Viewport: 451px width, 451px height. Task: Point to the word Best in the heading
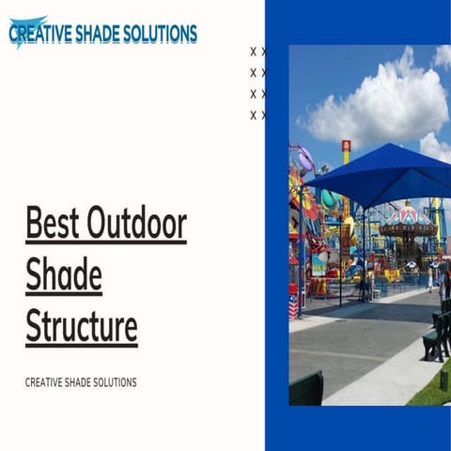tap(52, 225)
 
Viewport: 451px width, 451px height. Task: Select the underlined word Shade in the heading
tap(64, 276)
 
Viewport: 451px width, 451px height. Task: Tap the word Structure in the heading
tap(82, 326)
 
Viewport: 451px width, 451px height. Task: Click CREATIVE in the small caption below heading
tap(44, 382)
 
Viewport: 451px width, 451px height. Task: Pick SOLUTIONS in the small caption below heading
tap(115, 382)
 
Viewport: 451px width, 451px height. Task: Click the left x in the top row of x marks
tap(254, 52)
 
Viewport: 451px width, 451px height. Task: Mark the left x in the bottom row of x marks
tap(254, 116)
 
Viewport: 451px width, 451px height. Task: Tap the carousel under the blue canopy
tap(406, 230)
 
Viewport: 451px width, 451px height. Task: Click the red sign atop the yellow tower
tap(346, 146)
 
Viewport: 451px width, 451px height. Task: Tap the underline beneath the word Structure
tap(82, 345)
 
